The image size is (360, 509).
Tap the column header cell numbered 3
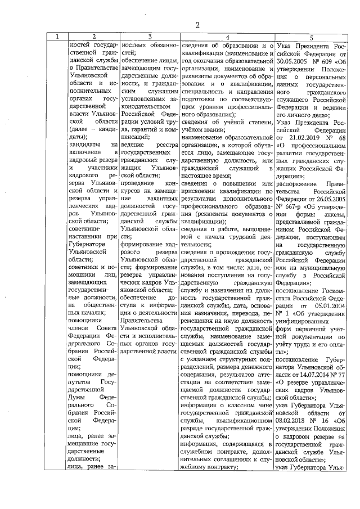pos(150,37)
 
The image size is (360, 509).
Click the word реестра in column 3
pos(165,146)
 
